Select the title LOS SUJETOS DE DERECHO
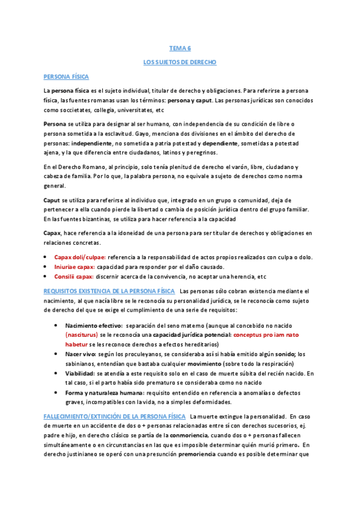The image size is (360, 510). [180, 62]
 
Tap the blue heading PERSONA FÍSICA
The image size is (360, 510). [66, 77]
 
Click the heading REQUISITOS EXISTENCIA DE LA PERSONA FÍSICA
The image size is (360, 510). [109, 292]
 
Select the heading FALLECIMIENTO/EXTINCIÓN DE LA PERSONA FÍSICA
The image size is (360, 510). [114, 416]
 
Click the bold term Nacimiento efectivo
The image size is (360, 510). [93, 325]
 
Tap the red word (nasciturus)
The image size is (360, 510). [84, 335]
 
